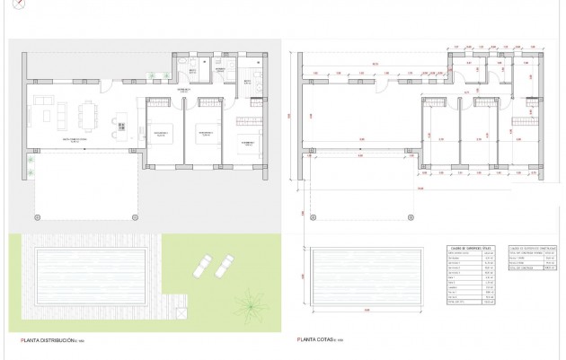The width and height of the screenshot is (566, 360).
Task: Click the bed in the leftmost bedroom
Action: tap(162, 133)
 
